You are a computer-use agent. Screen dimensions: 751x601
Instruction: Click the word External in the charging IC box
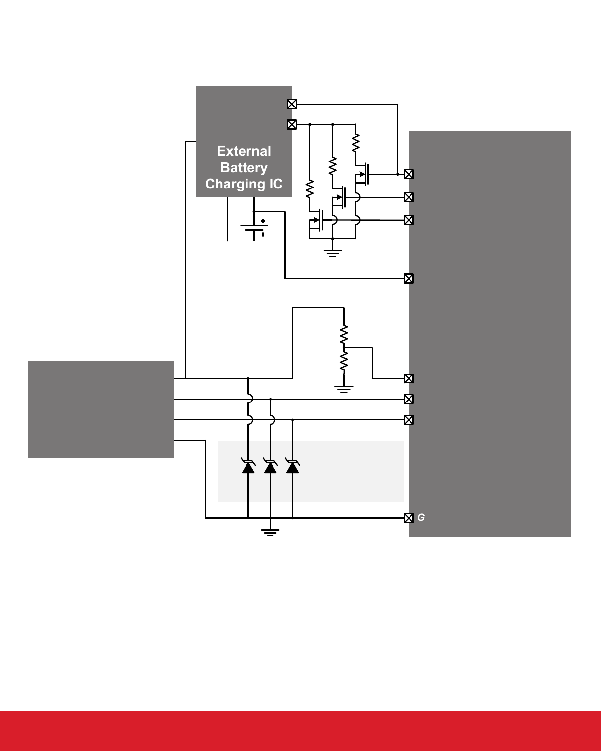tap(244, 151)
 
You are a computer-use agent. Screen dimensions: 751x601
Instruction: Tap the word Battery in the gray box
tap(244, 167)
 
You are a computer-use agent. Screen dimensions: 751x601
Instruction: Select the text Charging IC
tap(244, 184)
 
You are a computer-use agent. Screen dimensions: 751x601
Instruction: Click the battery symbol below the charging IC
tap(254, 228)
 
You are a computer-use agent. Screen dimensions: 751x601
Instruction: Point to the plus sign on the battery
tap(263, 221)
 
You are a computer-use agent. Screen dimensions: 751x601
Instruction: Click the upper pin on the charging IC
tap(291, 104)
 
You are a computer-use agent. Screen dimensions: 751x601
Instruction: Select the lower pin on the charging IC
tap(291, 125)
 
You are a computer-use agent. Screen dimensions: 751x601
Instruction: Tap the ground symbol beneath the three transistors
tap(332, 253)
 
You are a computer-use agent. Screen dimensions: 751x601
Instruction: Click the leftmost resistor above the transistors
tap(310, 188)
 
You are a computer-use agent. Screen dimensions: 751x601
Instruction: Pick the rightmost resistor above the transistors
tap(355, 143)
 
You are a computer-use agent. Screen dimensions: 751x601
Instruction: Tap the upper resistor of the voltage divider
tap(344, 335)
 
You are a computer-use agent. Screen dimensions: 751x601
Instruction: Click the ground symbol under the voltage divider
tap(344, 390)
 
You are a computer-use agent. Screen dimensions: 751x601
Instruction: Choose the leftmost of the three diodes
tap(248, 466)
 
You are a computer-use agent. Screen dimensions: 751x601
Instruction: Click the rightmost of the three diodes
tap(293, 466)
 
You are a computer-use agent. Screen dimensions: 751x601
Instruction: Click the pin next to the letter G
tap(408, 518)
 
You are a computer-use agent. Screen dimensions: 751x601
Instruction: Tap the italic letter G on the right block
tap(421, 518)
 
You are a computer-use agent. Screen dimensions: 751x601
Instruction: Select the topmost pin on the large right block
tap(408, 174)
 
